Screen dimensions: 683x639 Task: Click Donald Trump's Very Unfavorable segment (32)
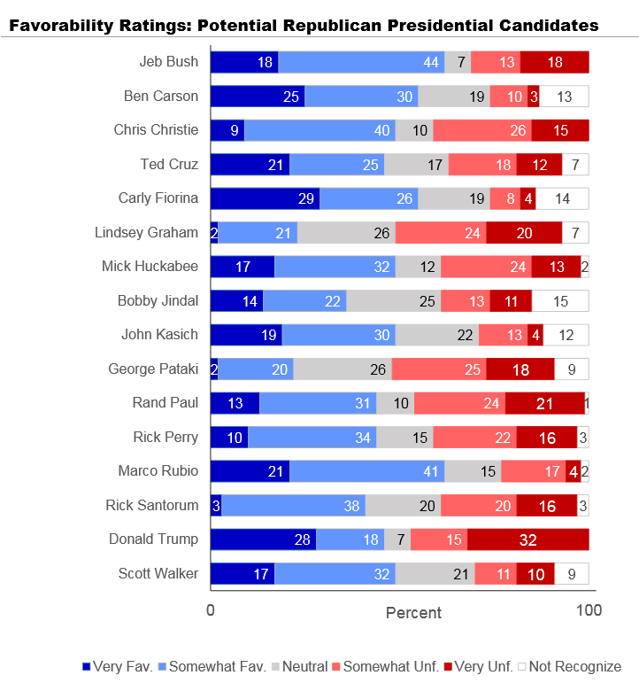tap(528, 539)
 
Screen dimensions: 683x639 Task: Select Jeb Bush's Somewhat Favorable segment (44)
tap(361, 62)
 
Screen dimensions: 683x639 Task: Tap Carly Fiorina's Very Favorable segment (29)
tap(265, 198)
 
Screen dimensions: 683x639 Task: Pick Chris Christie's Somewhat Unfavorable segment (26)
tap(482, 130)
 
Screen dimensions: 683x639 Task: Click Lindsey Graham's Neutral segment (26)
tap(346, 233)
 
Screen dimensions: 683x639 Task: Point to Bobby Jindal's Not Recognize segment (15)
tap(560, 300)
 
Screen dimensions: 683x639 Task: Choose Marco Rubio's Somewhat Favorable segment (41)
tap(366, 471)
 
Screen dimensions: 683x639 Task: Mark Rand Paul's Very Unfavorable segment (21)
tap(545, 403)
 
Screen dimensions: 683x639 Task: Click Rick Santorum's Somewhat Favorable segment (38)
tap(293, 505)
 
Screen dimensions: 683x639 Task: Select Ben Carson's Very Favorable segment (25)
tap(257, 97)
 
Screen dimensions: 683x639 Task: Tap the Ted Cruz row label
tap(169, 164)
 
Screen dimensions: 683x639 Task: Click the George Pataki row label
tap(153, 369)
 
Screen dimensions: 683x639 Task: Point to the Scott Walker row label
tap(158, 573)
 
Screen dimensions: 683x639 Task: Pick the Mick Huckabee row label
tap(150, 267)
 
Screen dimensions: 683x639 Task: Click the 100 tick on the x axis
tap(589, 610)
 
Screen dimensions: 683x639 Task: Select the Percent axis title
tap(413, 612)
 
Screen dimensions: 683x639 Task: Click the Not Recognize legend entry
tap(575, 666)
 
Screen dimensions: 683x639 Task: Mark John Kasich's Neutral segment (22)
tap(437, 335)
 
